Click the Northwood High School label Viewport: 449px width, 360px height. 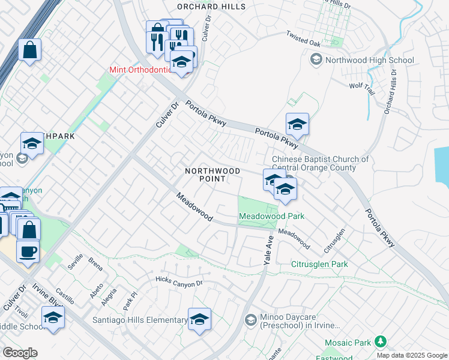pos(369,60)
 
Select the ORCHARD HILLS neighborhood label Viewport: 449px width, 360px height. pos(211,7)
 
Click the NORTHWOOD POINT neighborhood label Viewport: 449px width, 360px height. pos(212,175)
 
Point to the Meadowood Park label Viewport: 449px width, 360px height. pos(271,216)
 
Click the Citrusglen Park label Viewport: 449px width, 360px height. pos(319,264)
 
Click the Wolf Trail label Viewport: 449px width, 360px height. pos(362,86)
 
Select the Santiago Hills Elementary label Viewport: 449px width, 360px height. pos(139,320)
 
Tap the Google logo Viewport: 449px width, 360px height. pos(20,353)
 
